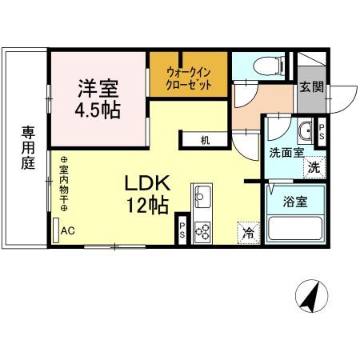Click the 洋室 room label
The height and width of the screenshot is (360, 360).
coord(100,86)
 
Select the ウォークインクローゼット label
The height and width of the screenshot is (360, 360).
coord(188,78)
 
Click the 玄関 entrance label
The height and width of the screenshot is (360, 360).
coord(311,86)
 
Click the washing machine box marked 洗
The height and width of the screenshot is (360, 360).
coord(315,168)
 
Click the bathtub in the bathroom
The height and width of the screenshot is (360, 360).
coord(295,227)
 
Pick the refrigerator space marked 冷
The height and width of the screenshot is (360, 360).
coord(249,234)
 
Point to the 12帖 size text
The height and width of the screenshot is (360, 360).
coord(147,206)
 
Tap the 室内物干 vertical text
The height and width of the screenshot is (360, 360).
coord(64,183)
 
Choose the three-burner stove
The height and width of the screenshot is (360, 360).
coord(203,231)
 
